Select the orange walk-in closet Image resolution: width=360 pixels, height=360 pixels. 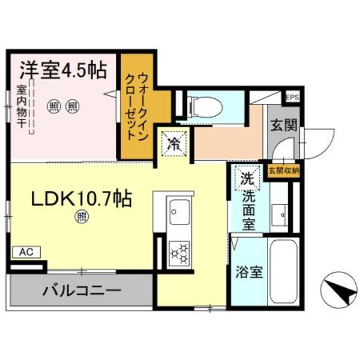point(137,106)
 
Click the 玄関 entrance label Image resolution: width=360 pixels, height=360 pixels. point(280,125)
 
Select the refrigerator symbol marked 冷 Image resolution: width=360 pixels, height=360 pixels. point(174,143)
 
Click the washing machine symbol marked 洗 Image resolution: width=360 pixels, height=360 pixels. point(247,178)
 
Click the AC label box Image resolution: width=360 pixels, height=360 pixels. point(26,253)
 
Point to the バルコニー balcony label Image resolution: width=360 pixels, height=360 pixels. point(81,291)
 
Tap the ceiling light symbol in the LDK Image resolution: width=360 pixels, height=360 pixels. point(80,218)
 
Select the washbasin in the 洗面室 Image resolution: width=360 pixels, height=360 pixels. point(278,212)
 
